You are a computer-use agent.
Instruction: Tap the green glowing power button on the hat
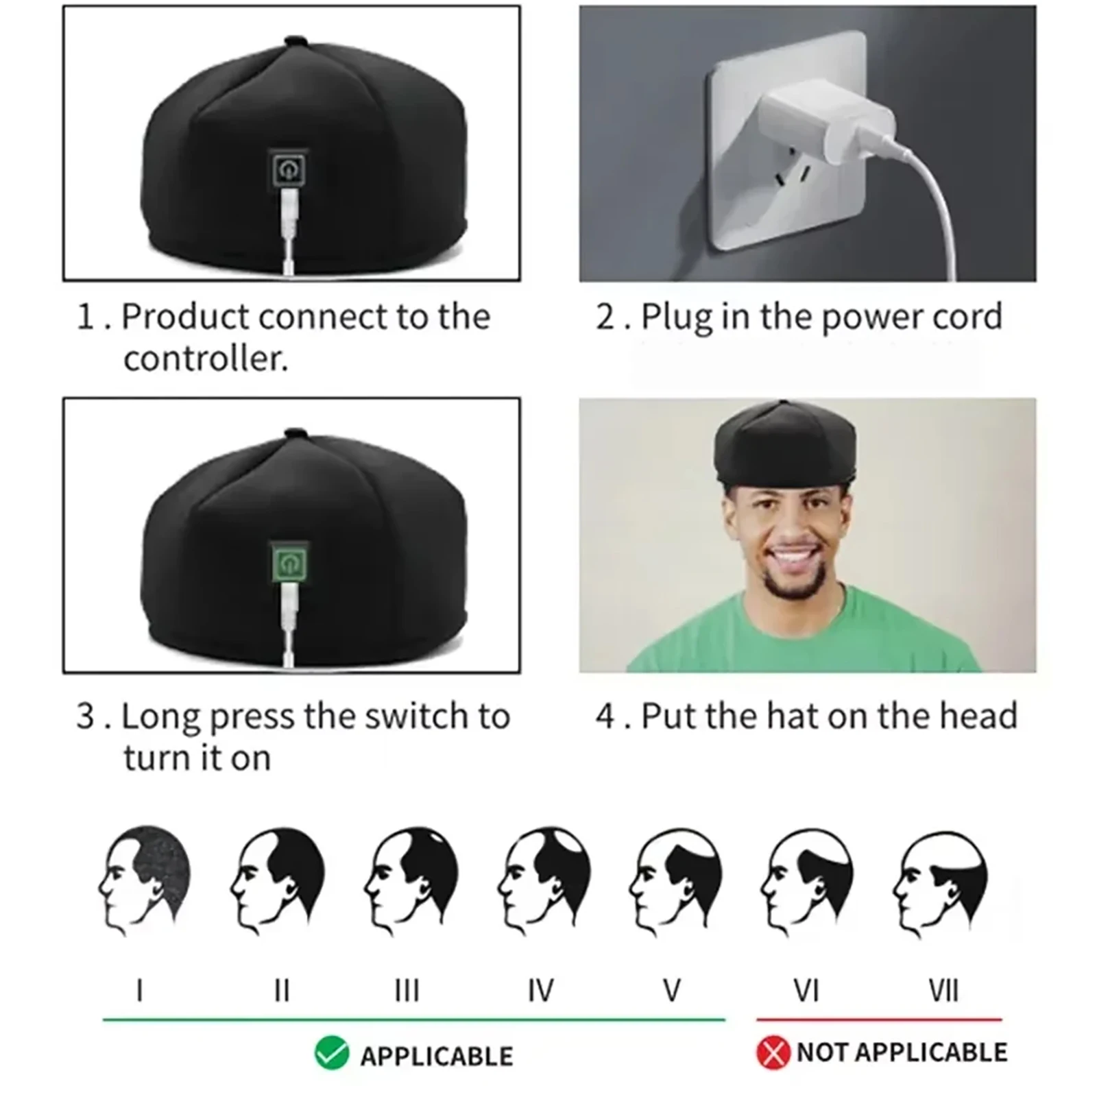point(289,564)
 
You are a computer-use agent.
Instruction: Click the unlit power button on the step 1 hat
point(289,168)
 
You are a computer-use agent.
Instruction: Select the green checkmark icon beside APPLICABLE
point(332,1054)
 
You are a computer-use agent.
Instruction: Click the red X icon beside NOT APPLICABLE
point(773,1053)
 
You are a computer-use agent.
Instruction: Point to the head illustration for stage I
point(144,881)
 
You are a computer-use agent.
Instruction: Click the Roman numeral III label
point(407,991)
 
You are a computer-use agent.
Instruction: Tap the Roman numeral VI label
point(806,991)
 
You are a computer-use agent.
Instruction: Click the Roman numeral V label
point(673,991)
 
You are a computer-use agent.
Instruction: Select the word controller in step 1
point(205,359)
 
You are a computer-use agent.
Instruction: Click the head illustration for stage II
point(276,881)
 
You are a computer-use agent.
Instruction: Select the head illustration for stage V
point(675,881)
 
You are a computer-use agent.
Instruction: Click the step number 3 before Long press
point(85,716)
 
